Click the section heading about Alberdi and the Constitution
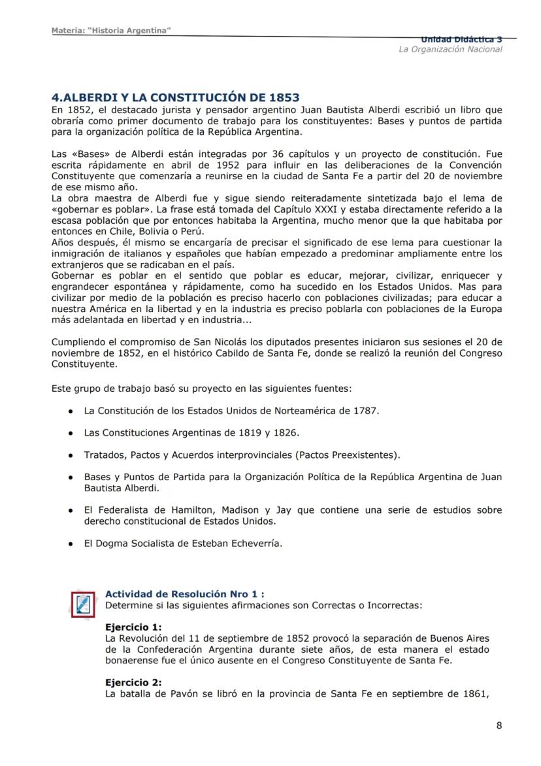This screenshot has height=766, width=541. pos(175,97)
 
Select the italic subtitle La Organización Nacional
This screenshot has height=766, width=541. pos(450,50)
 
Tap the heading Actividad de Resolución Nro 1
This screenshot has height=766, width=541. pos(185,595)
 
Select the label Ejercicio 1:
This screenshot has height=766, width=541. pos(133,627)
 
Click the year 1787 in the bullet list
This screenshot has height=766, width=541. pos(366,411)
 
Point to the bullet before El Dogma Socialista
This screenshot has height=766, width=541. pos(70,544)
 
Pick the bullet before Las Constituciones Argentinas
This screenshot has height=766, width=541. pos(70,433)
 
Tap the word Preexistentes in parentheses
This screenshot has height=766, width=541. pos(367,455)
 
